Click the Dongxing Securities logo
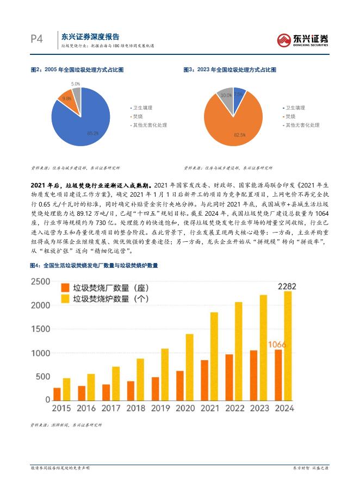pos(302,39)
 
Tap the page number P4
pos(36,39)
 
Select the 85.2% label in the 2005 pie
pos(92,133)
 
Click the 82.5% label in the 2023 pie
pos(239,134)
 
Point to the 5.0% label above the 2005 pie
pos(76,84)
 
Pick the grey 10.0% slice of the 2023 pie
pos(225,96)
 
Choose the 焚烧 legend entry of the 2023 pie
pos(290,116)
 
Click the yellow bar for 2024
pos(288,346)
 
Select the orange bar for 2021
pos(204,380)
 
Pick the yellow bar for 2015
pos(66,389)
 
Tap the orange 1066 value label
pos(278,344)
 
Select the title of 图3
pos(229,70)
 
